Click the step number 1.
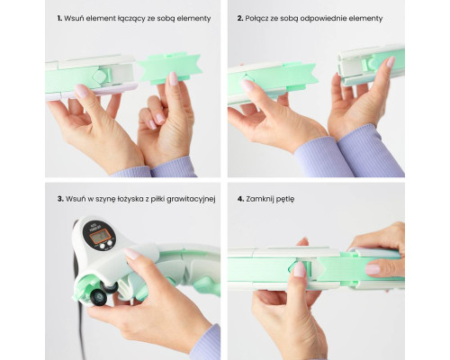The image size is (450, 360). (59, 18)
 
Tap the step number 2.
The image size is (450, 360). (240, 18)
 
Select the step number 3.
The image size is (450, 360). (60, 199)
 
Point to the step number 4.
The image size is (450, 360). (240, 199)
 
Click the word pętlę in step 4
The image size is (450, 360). (284, 200)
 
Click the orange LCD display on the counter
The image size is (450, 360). (99, 236)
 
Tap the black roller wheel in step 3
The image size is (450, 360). (98, 297)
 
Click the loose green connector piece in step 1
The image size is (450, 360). (169, 68)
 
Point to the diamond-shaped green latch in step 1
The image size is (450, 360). (99, 76)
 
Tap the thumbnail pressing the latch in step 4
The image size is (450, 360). (299, 269)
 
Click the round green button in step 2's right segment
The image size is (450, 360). (373, 63)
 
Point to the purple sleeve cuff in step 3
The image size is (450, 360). (207, 343)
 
